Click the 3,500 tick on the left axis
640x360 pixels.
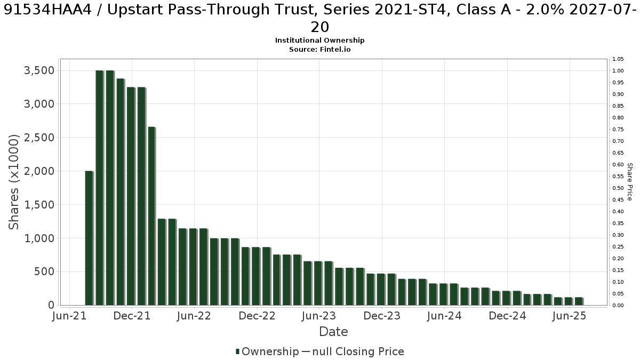39,70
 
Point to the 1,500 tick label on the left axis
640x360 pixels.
39,205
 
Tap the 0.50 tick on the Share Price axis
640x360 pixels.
618,188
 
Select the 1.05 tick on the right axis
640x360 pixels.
618,59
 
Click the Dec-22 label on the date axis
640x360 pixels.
257,316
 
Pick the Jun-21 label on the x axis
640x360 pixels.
69,316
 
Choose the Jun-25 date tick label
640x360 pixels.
569,316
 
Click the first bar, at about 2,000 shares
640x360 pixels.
89,238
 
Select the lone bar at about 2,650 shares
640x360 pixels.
151,216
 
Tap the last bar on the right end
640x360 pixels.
579,301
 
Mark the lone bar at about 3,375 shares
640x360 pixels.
121,191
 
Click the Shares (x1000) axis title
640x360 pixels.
13,182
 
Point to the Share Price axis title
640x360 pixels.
630,182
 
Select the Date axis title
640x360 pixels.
333,332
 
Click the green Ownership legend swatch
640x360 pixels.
237,351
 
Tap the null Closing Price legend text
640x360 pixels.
358,351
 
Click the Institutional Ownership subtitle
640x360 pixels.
319,41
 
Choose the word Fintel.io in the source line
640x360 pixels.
335,50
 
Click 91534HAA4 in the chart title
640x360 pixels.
47,10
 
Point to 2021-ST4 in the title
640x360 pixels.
411,10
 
